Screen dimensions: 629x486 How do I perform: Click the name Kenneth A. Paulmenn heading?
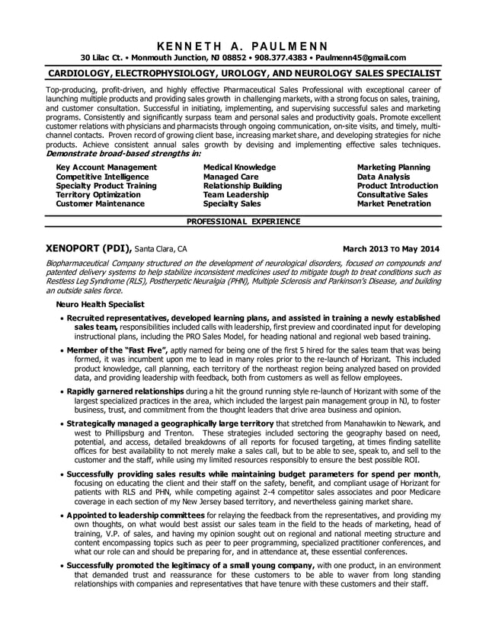click(x=243, y=43)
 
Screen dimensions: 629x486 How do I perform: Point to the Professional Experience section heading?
click(x=243, y=222)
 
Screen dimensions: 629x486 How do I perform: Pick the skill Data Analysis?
click(x=383, y=177)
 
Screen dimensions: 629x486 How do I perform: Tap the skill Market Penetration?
click(x=394, y=204)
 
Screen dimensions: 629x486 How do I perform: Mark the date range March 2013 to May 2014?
click(x=391, y=248)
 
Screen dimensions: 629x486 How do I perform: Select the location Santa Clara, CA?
click(x=161, y=248)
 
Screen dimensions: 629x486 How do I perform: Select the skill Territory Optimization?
click(x=98, y=195)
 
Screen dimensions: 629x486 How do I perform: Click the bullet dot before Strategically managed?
click(x=61, y=423)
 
